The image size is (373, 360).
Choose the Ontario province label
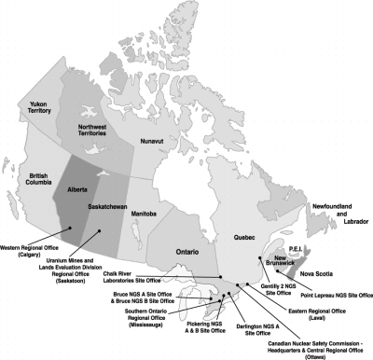click(191, 253)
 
